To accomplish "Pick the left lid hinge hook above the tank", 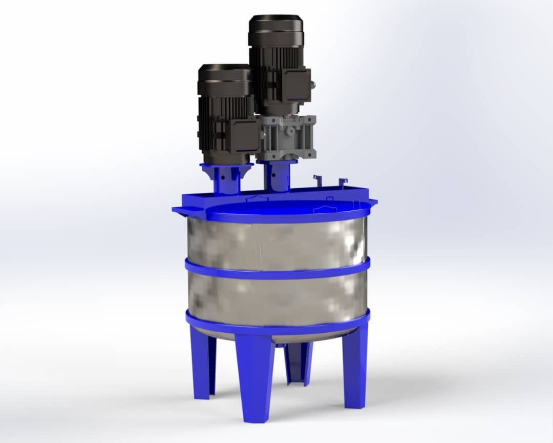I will point(317,180).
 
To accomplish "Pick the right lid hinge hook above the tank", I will point(342,182).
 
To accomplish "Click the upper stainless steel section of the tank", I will point(276,241).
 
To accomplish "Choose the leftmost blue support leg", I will point(204,367).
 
